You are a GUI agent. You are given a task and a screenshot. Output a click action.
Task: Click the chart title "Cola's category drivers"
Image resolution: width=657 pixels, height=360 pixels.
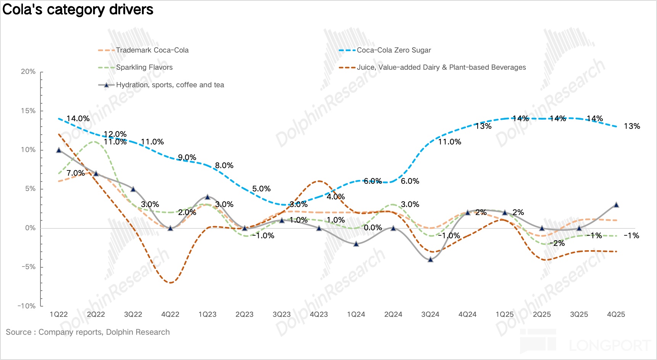coord(78,10)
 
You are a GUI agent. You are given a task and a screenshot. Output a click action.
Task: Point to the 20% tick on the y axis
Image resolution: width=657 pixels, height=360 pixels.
coord(28,72)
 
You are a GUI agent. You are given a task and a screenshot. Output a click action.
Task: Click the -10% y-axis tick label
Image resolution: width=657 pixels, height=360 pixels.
coord(26,306)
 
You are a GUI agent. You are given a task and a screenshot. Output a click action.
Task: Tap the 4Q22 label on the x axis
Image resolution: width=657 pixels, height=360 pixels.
coord(170,315)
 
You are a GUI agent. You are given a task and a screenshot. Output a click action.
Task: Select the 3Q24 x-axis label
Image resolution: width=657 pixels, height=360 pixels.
coord(430,315)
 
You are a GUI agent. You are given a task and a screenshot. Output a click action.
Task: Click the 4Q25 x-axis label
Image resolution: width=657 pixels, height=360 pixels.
coord(616,315)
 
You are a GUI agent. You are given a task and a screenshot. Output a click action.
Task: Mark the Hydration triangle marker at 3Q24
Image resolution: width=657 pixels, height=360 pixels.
coord(430,259)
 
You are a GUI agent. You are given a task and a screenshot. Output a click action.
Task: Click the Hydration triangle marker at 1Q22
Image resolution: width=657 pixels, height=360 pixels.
coord(59,150)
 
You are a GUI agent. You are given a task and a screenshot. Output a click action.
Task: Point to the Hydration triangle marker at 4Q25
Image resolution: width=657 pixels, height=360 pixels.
coord(616,205)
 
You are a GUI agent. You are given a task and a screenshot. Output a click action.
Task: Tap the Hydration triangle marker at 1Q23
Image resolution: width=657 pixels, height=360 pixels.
coord(208,197)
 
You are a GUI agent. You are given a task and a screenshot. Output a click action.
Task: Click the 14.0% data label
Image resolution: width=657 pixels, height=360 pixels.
coord(78,119)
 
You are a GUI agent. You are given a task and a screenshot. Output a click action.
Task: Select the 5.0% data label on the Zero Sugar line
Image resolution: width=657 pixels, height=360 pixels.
coord(261,189)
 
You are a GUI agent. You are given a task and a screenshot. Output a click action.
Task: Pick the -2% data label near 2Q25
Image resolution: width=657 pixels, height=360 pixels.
coord(559,243)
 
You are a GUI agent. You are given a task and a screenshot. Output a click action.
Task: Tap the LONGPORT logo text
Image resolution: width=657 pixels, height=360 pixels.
coord(610,345)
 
